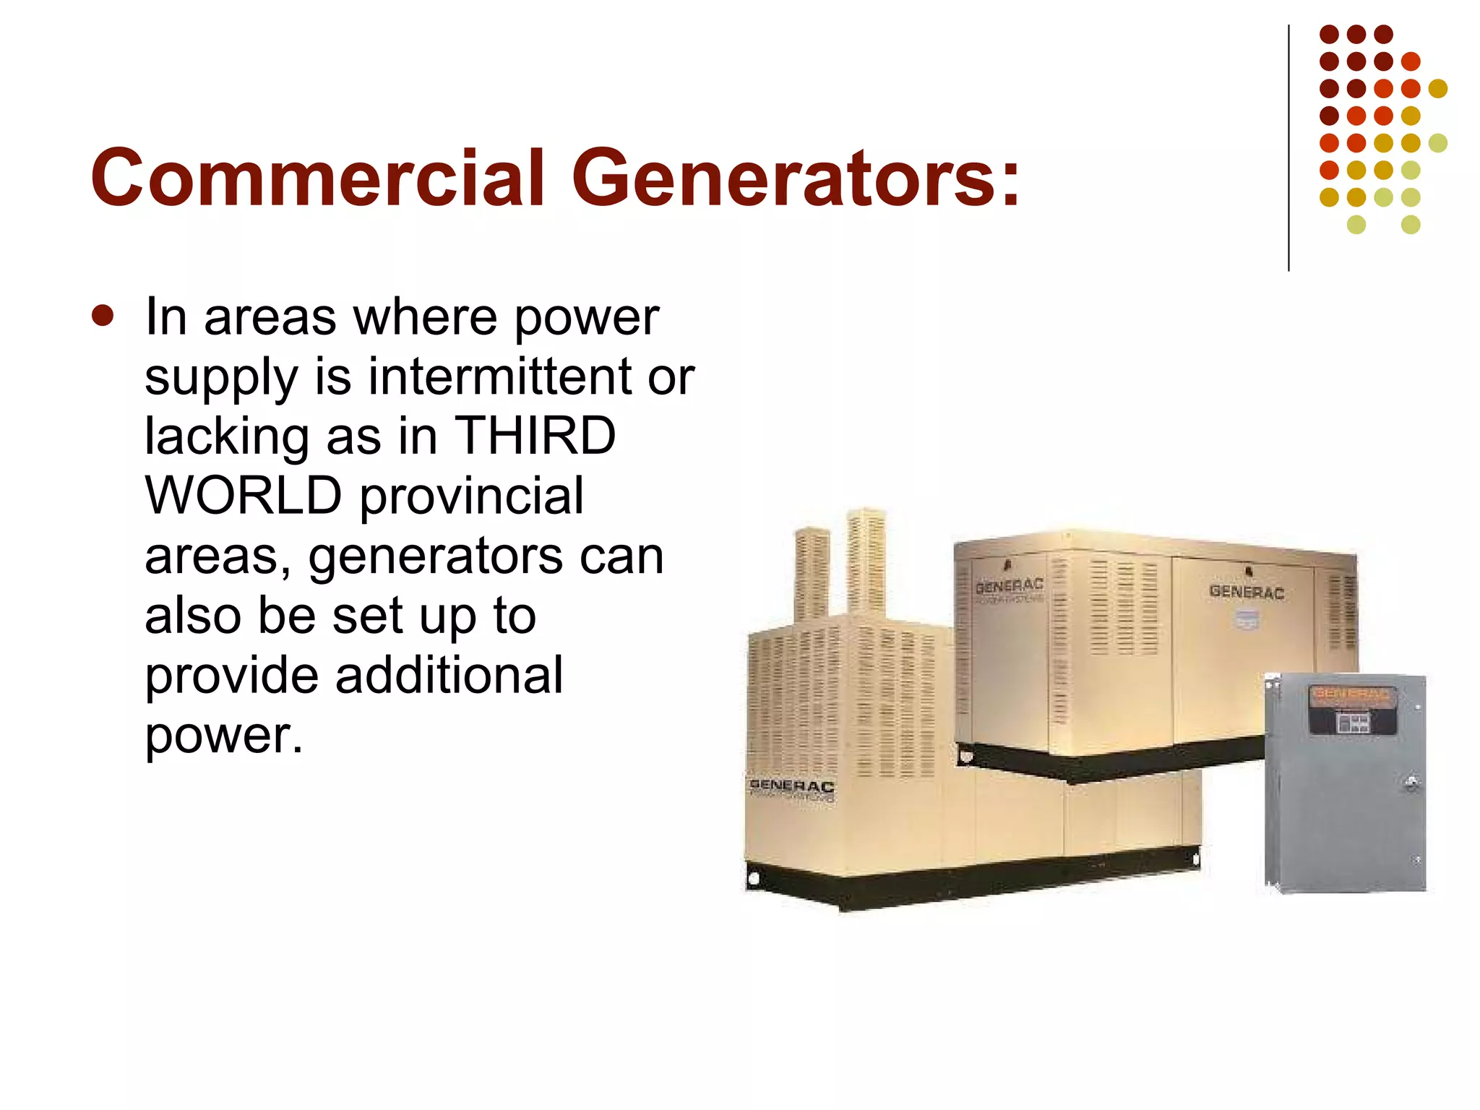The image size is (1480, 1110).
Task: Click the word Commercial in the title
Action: [317, 178]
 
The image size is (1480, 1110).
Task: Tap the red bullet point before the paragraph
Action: [103, 316]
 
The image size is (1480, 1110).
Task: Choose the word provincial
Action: [472, 497]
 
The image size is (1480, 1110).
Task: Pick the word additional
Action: [449, 676]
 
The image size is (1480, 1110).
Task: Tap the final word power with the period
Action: [224, 736]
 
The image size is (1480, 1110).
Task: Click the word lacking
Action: [226, 437]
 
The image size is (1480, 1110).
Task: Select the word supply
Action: [221, 378]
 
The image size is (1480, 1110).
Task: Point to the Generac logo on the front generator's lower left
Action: [791, 786]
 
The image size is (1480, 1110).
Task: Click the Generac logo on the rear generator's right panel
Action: [1246, 592]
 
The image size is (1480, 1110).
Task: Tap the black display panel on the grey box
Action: [1349, 721]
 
